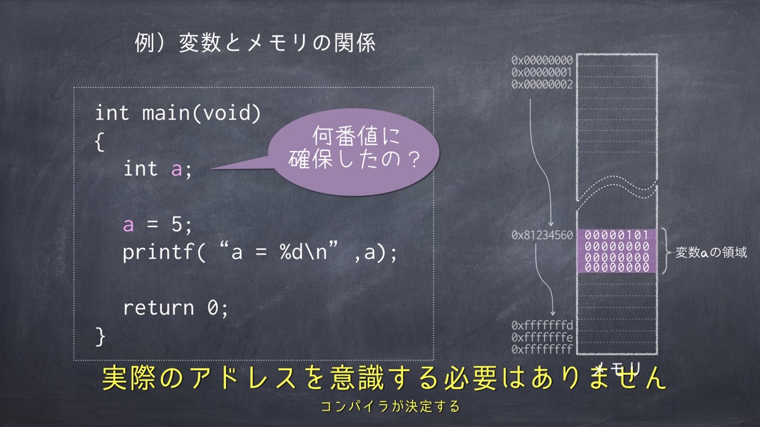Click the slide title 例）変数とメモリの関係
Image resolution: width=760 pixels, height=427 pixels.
click(255, 43)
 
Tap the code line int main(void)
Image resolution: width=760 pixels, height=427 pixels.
click(178, 113)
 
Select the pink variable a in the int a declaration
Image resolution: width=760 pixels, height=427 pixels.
click(177, 170)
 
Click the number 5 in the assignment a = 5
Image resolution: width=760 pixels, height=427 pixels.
click(177, 224)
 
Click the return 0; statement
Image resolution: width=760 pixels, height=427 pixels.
click(175, 308)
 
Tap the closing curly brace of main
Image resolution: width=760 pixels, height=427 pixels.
click(100, 336)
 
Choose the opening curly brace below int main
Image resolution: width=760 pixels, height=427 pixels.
click(100, 142)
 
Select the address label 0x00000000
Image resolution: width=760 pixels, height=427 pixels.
click(542, 61)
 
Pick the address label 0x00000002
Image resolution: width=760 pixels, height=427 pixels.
click(542, 84)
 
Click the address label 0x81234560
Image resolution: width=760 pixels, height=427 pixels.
click(542, 235)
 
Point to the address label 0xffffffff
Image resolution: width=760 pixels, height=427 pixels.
click(542, 349)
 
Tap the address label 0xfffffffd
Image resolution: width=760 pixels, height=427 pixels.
click(542, 325)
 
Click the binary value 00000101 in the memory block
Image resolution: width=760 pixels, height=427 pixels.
click(617, 235)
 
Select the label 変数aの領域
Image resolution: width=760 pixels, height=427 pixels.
click(711, 252)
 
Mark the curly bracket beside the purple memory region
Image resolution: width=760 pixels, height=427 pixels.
click(666, 252)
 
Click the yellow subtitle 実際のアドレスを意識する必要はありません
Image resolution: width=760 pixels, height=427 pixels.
click(384, 378)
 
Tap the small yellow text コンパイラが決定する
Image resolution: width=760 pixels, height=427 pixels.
click(390, 406)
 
